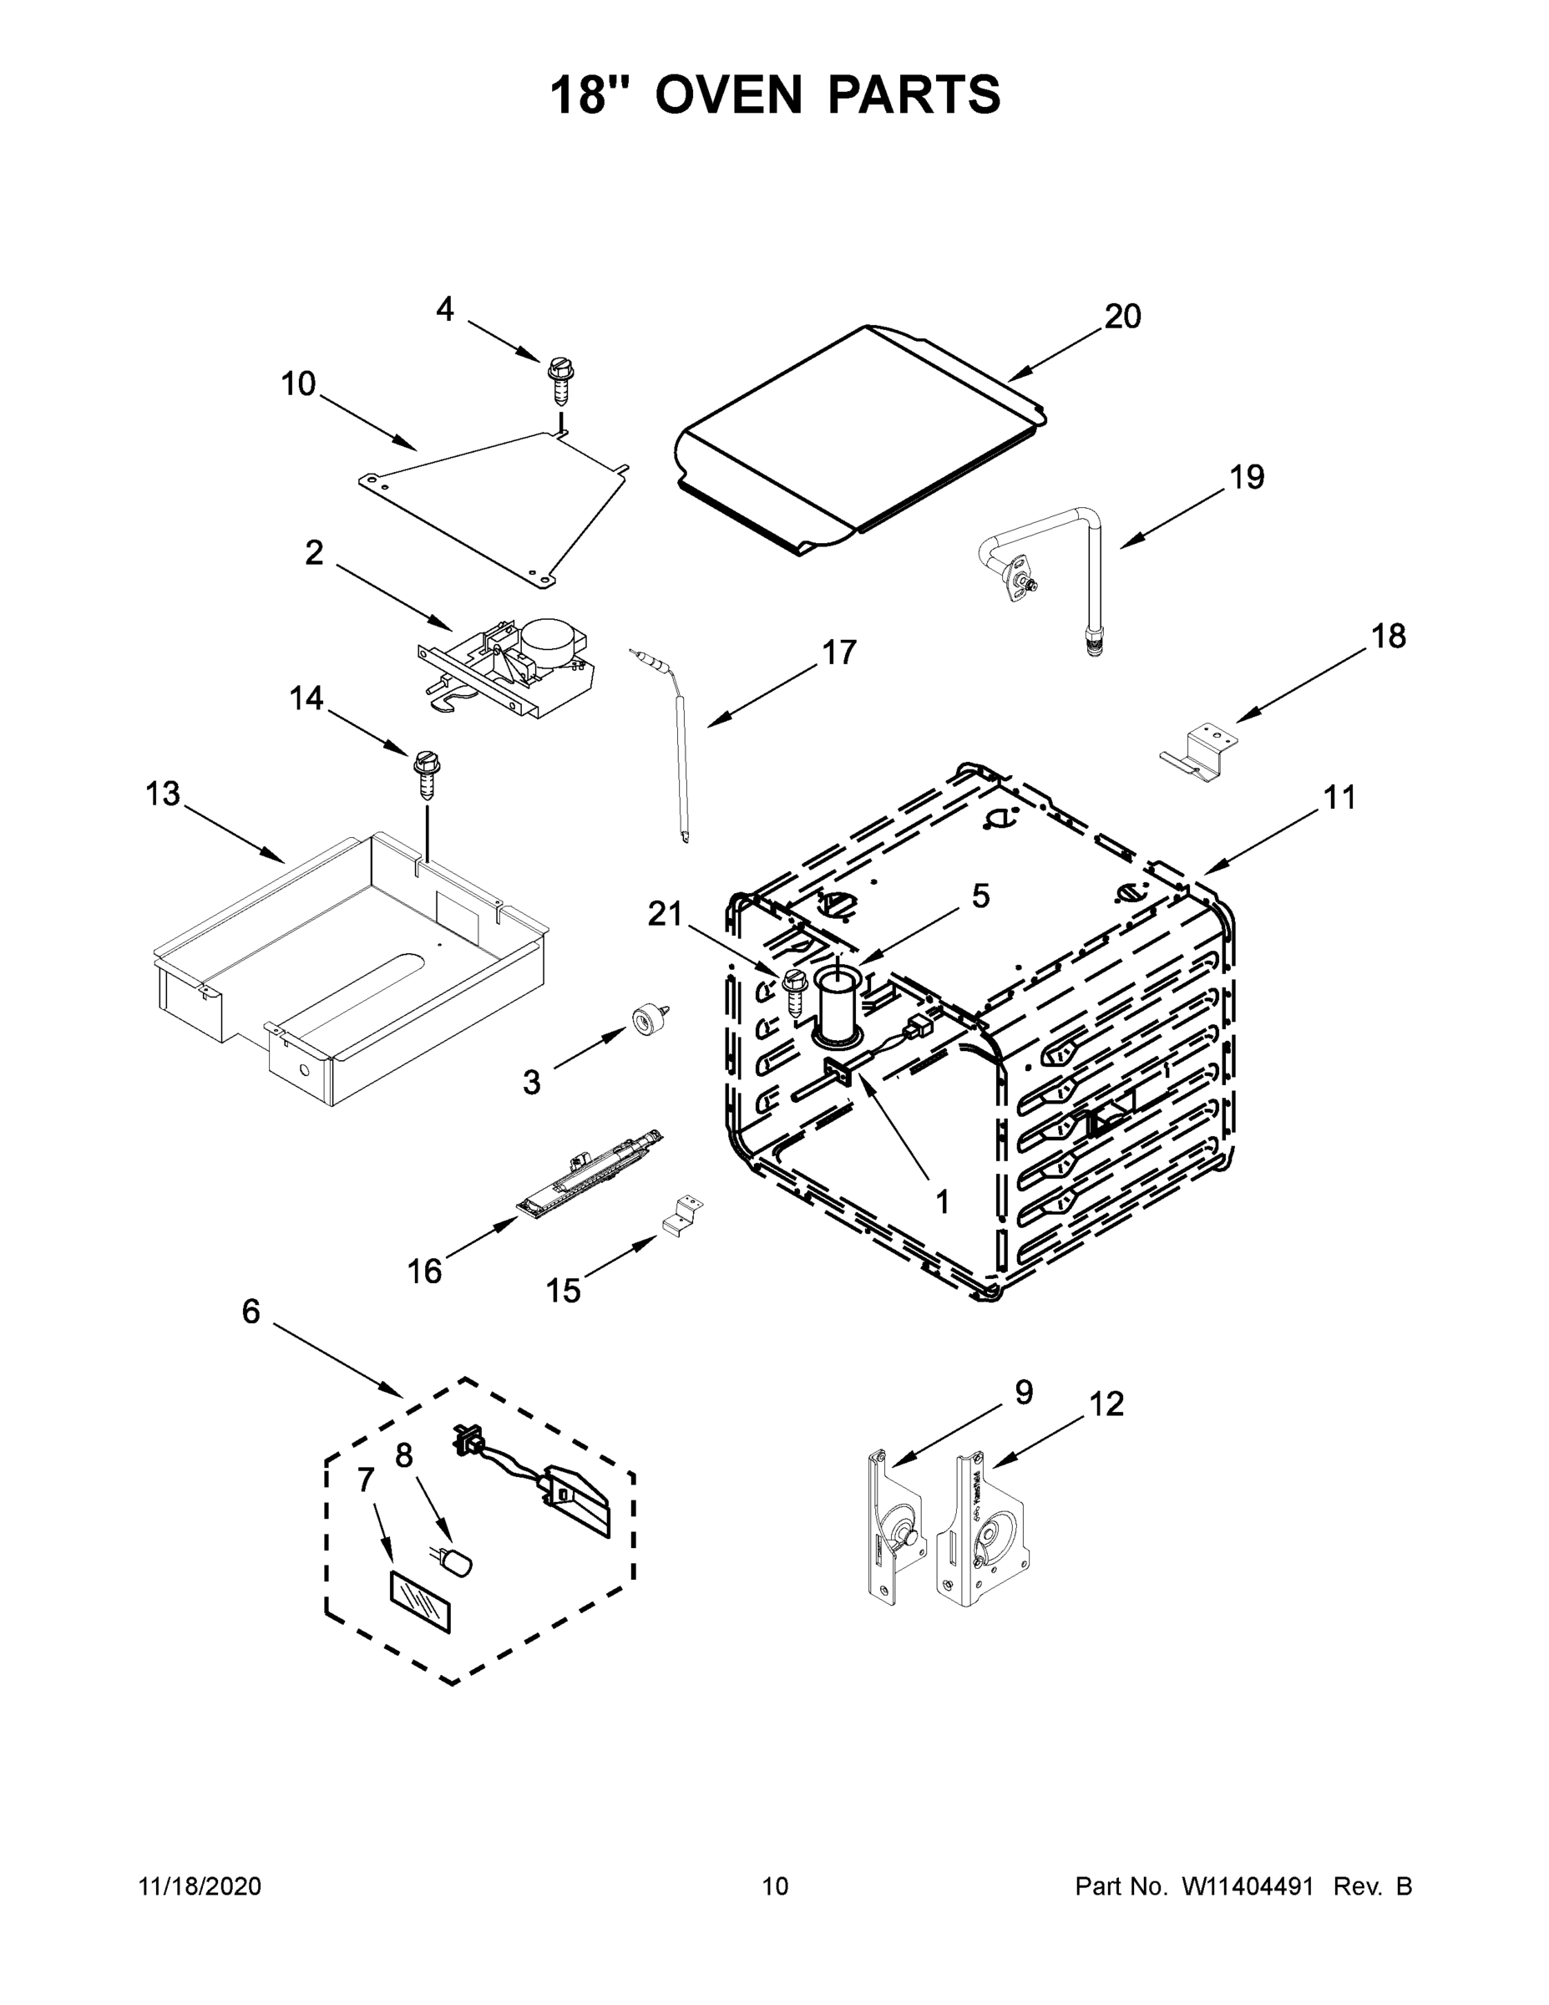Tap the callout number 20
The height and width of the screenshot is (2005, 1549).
[x=1122, y=317]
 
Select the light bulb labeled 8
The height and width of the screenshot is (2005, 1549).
[x=455, y=1561]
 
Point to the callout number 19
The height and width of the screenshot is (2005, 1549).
[x=1246, y=477]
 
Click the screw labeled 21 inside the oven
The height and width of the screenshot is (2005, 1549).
[x=794, y=990]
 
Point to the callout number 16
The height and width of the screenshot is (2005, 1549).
[x=425, y=1271]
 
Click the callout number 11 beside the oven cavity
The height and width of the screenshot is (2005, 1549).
[x=1339, y=798]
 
